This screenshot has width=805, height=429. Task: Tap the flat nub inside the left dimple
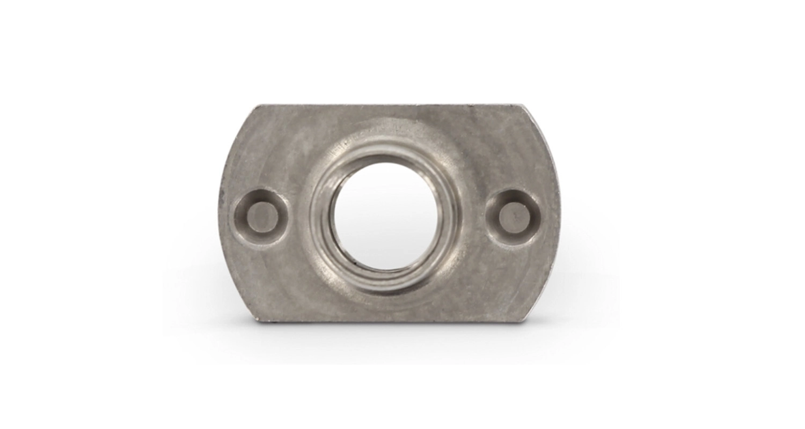coord(262,216)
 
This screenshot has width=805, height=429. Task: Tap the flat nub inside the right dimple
coord(514,216)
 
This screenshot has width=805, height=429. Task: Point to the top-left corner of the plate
coord(255,107)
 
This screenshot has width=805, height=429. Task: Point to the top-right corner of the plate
coord(522,106)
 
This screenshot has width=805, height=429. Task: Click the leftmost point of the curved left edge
coord(219,214)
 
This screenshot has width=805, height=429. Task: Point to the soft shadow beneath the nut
coord(386,335)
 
